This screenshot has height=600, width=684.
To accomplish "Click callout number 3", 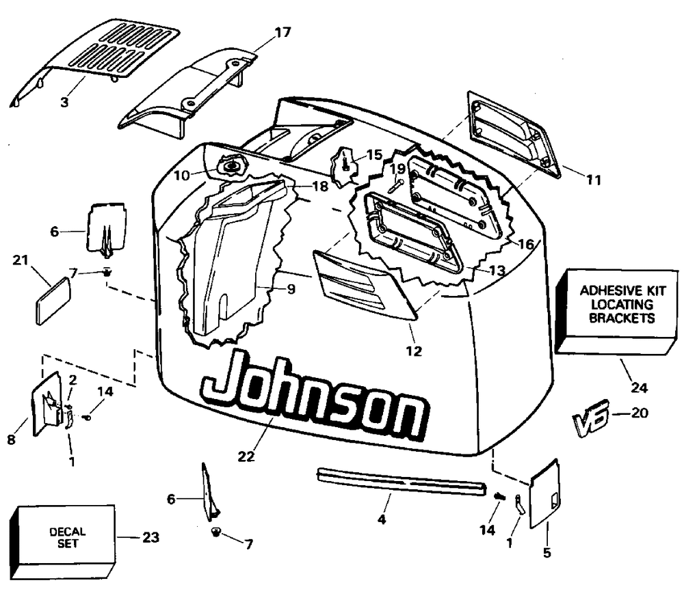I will [64, 103].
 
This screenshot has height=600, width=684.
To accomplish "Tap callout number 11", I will [594, 180].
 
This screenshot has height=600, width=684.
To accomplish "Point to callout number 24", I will [638, 387].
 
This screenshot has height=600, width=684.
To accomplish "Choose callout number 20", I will [641, 413].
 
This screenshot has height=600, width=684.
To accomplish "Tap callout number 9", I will [291, 288].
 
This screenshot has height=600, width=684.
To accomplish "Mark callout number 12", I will [414, 352].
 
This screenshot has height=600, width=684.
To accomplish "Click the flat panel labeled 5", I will [544, 492].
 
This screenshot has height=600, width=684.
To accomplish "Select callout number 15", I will [374, 154].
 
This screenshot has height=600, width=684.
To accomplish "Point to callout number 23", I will [150, 537].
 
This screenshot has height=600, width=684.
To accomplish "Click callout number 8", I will [11, 440].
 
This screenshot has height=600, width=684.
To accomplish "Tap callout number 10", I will [181, 175].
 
